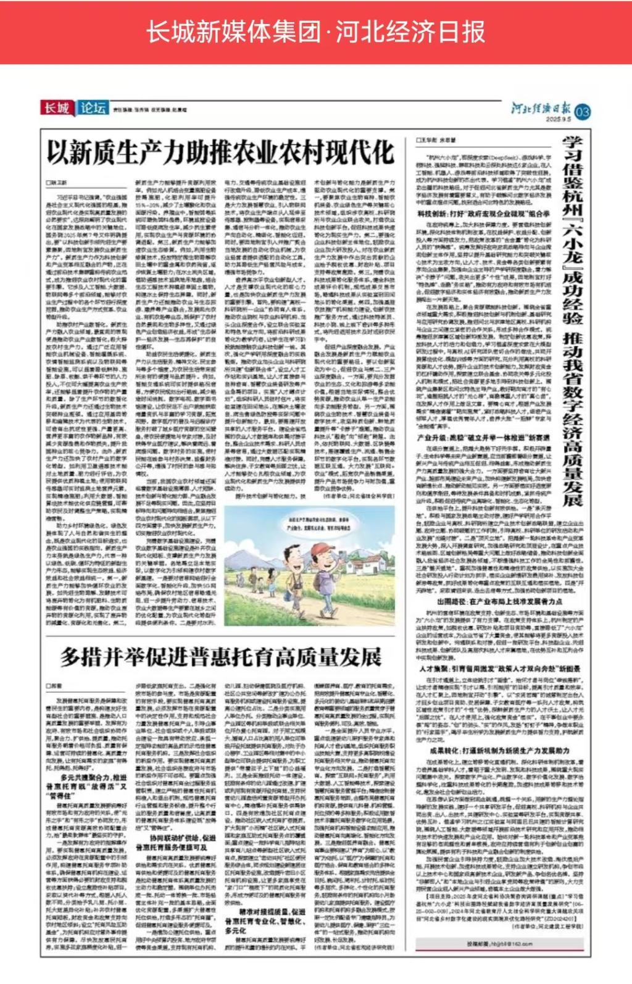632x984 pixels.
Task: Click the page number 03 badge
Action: [583, 112]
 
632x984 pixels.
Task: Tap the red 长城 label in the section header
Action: [57, 108]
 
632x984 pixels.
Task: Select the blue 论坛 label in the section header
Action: [93, 108]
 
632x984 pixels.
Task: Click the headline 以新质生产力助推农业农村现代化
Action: [220, 152]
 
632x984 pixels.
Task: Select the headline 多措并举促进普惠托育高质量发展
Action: [221, 657]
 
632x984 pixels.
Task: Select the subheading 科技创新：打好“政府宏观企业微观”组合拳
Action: [483, 214]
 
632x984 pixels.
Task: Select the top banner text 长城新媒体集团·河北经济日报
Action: [315, 31]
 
